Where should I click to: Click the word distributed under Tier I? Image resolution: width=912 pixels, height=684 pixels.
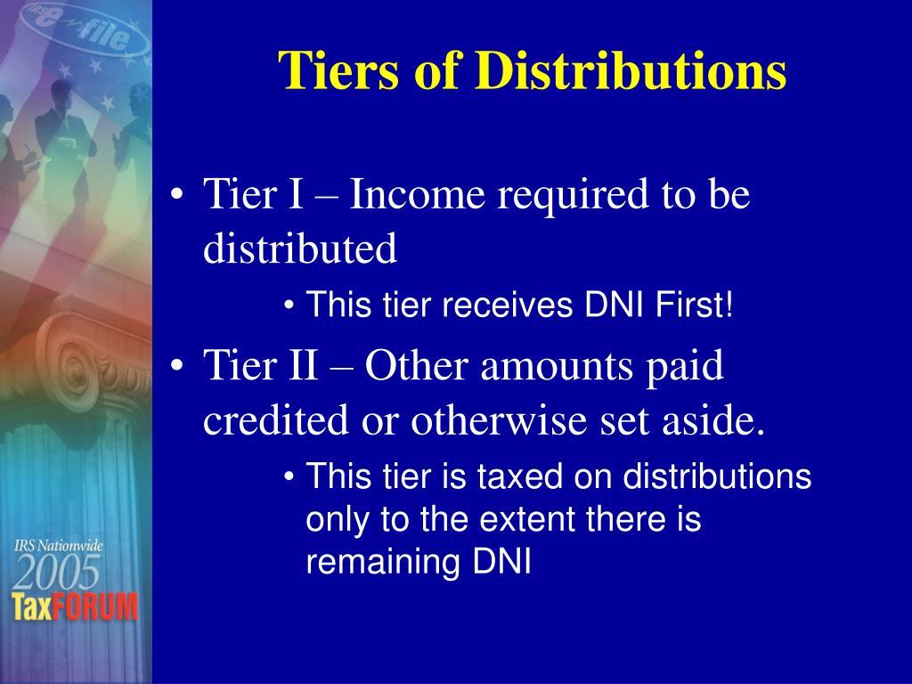pyautogui.click(x=300, y=249)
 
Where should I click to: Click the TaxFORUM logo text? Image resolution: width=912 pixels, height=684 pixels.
pyautogui.click(x=76, y=607)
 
